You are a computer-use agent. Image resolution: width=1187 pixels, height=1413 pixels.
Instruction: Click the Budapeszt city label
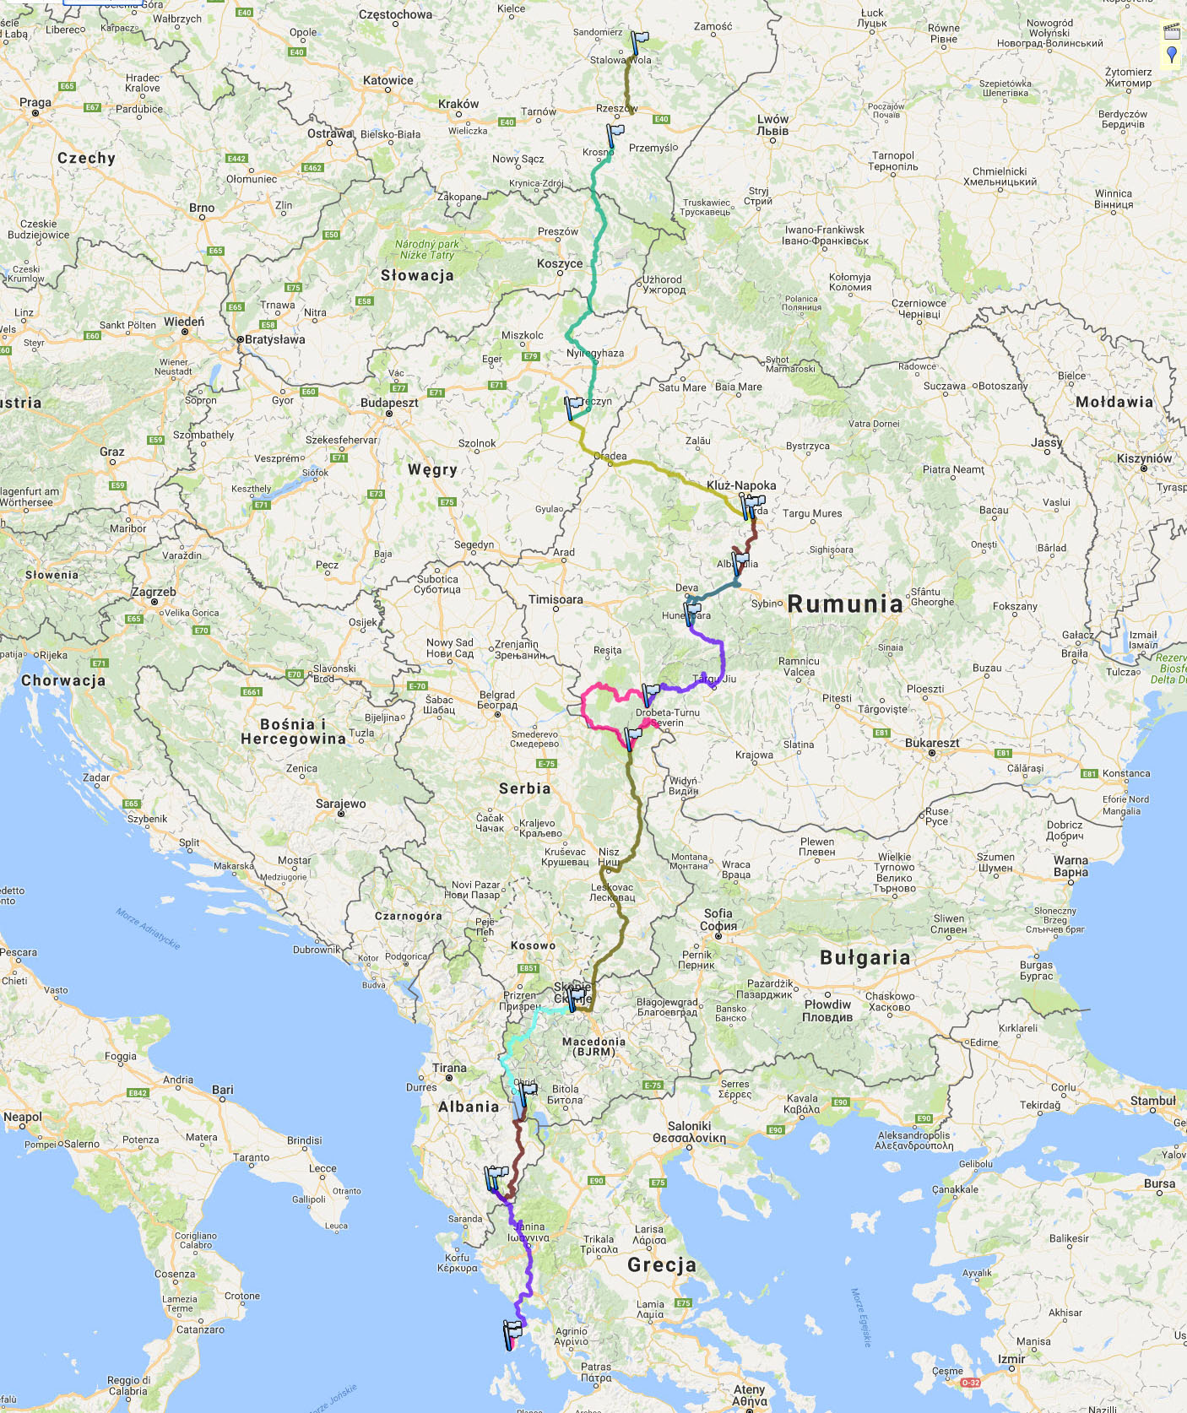[x=389, y=403]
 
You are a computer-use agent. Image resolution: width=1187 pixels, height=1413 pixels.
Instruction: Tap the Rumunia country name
[x=845, y=604]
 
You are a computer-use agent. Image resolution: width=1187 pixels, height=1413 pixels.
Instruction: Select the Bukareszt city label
[x=932, y=743]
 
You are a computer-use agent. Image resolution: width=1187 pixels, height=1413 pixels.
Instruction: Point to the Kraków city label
[x=458, y=104]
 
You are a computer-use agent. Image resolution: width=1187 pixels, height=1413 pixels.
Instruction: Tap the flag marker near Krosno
[x=615, y=134]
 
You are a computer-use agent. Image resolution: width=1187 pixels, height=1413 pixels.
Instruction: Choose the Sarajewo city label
[x=341, y=804]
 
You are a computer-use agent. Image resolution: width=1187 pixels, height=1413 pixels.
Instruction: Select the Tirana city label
[x=449, y=1068]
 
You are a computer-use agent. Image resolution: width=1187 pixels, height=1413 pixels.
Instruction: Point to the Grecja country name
[x=661, y=1264]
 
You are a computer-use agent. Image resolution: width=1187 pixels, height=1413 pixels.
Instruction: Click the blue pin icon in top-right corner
[x=1172, y=55]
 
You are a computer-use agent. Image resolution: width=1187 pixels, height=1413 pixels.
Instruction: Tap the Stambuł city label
[x=1152, y=1101]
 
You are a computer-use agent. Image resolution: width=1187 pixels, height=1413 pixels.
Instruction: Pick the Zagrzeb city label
[x=154, y=592]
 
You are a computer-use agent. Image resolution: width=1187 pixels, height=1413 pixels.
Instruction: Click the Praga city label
[x=35, y=103]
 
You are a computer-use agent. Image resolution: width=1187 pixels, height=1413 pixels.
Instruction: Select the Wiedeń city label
[x=184, y=322]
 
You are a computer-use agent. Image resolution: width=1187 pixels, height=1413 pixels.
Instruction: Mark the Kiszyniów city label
[x=1144, y=458]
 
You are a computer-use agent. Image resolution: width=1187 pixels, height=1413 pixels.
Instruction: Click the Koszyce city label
[x=560, y=263]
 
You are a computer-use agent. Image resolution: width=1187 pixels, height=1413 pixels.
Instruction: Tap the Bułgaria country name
[x=865, y=957]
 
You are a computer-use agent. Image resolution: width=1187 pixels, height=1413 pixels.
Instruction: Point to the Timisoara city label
[x=556, y=599]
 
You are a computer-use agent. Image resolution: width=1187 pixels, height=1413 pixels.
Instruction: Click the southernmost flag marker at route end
[x=512, y=1331]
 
